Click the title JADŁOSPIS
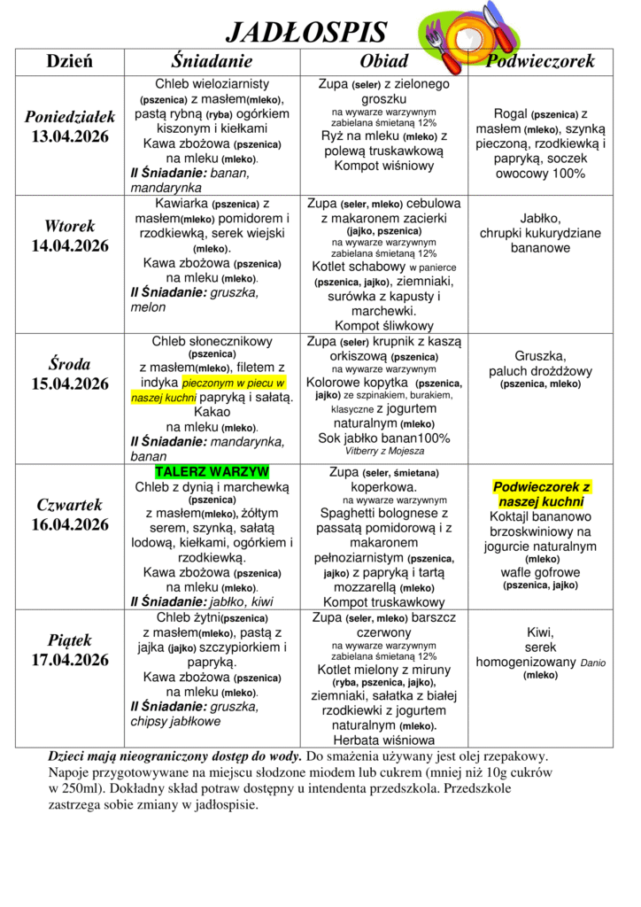point(306,33)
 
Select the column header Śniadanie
point(212,61)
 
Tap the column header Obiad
point(384,61)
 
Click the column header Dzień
point(70,61)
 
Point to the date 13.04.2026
point(70,136)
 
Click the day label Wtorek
point(70,226)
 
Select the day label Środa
point(70,364)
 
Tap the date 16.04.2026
point(70,524)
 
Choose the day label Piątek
point(70,640)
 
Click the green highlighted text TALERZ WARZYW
point(212,472)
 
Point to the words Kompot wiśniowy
point(384,166)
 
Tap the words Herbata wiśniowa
point(384,740)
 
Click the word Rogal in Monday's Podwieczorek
point(510,114)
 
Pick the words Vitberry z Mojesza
point(384,451)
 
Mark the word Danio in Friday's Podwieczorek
point(595,662)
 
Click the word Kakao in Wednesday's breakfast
point(212,413)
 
